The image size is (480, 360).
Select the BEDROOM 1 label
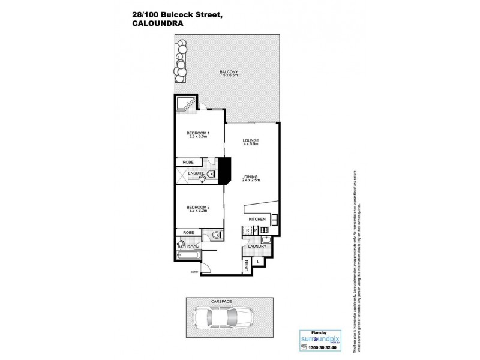coord(197,133)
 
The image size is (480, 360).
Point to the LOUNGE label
coord(250,140)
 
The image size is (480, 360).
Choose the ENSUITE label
coord(197,174)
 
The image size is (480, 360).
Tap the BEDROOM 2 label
coord(197,207)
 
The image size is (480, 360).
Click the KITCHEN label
coord(257,219)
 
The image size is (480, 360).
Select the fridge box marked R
coord(247,230)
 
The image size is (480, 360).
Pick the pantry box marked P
coord(256,230)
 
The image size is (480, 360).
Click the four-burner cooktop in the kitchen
coord(265,230)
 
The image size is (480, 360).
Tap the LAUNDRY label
coord(257,247)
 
